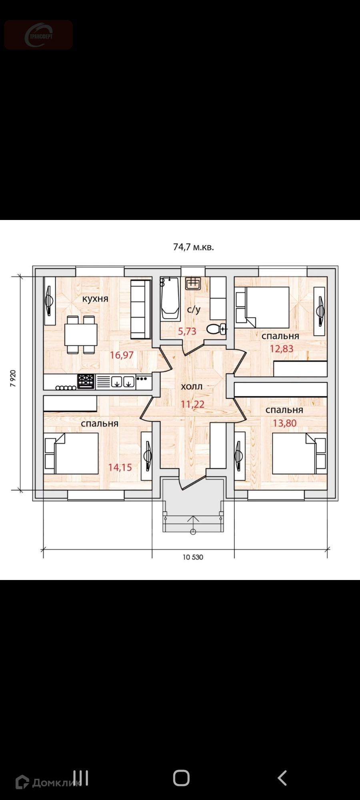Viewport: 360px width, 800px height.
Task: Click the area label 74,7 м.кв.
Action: click(194, 247)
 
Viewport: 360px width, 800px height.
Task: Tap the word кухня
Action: click(95, 298)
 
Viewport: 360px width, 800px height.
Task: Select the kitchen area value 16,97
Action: click(122, 354)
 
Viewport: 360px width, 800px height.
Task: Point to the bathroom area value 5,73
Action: click(187, 331)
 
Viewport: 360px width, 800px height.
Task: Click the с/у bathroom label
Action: click(194, 310)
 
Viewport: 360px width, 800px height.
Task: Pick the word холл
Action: click(192, 386)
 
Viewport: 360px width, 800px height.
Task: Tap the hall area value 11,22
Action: click(192, 404)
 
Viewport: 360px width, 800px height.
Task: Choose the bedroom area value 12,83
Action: click(282, 348)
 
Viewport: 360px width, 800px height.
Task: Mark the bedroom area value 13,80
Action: click(285, 422)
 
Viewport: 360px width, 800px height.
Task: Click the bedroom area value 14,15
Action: click(120, 467)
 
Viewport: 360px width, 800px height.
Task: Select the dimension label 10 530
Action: click(193, 557)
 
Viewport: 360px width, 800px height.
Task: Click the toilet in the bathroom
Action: click(217, 329)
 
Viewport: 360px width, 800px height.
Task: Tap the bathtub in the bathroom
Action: click(170, 298)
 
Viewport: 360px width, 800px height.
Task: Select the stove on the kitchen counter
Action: click(86, 381)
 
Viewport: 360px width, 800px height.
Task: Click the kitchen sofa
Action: click(140, 309)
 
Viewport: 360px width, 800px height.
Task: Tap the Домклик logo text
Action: click(48, 783)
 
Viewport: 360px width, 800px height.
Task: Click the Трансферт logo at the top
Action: click(38, 35)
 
